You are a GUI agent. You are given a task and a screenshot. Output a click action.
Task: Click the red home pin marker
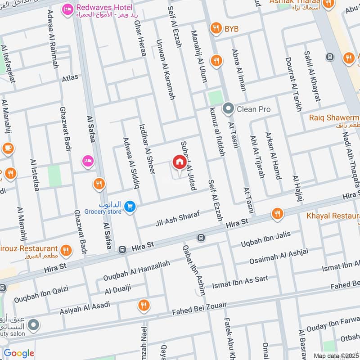click(x=179, y=162)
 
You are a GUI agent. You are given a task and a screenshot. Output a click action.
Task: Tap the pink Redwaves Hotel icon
click(x=68, y=8)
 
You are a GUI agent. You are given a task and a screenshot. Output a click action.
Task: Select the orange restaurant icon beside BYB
click(x=216, y=29)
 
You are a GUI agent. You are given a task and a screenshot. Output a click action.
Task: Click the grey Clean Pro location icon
click(x=229, y=109)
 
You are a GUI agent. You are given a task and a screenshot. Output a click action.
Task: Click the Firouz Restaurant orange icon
click(x=66, y=250)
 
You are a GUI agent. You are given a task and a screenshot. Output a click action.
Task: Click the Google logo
click(x=19, y=353)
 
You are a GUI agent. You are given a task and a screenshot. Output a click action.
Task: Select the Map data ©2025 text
click(x=335, y=355)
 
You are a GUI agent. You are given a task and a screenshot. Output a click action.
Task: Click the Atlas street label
click(x=70, y=77)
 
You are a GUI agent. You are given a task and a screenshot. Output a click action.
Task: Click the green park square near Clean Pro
click(x=216, y=98)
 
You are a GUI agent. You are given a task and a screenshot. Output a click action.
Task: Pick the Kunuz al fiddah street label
click(x=217, y=134)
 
